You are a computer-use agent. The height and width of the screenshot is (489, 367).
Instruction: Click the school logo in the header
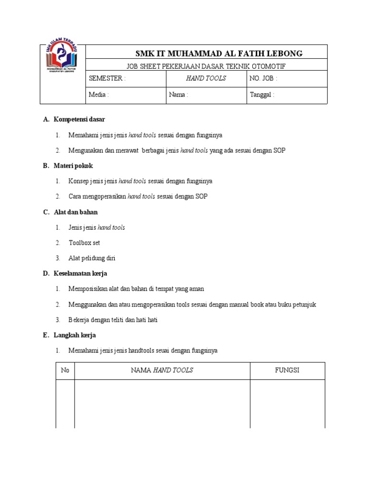tap(63, 59)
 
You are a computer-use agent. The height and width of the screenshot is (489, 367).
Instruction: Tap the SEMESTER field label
tap(107, 78)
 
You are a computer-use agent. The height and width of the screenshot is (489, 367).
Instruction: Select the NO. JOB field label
tap(263, 78)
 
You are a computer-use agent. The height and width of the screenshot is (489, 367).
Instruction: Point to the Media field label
tap(98, 95)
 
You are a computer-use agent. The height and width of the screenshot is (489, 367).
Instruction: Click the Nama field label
tap(178, 95)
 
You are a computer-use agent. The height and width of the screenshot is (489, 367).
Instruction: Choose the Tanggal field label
tap(262, 95)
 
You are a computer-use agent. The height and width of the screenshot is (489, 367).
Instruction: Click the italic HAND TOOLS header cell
tap(206, 78)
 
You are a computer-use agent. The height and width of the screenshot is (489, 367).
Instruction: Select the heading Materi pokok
tap(73, 166)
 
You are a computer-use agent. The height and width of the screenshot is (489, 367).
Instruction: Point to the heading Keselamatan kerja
tap(80, 274)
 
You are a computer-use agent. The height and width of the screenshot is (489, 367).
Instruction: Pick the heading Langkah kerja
tap(75, 335)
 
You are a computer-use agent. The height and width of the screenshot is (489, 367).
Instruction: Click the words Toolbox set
tap(84, 243)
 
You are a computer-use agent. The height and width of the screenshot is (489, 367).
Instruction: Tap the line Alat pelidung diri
tap(92, 258)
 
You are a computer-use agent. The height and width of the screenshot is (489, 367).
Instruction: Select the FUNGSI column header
tap(287, 371)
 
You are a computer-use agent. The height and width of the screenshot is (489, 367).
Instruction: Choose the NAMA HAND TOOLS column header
tap(162, 371)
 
